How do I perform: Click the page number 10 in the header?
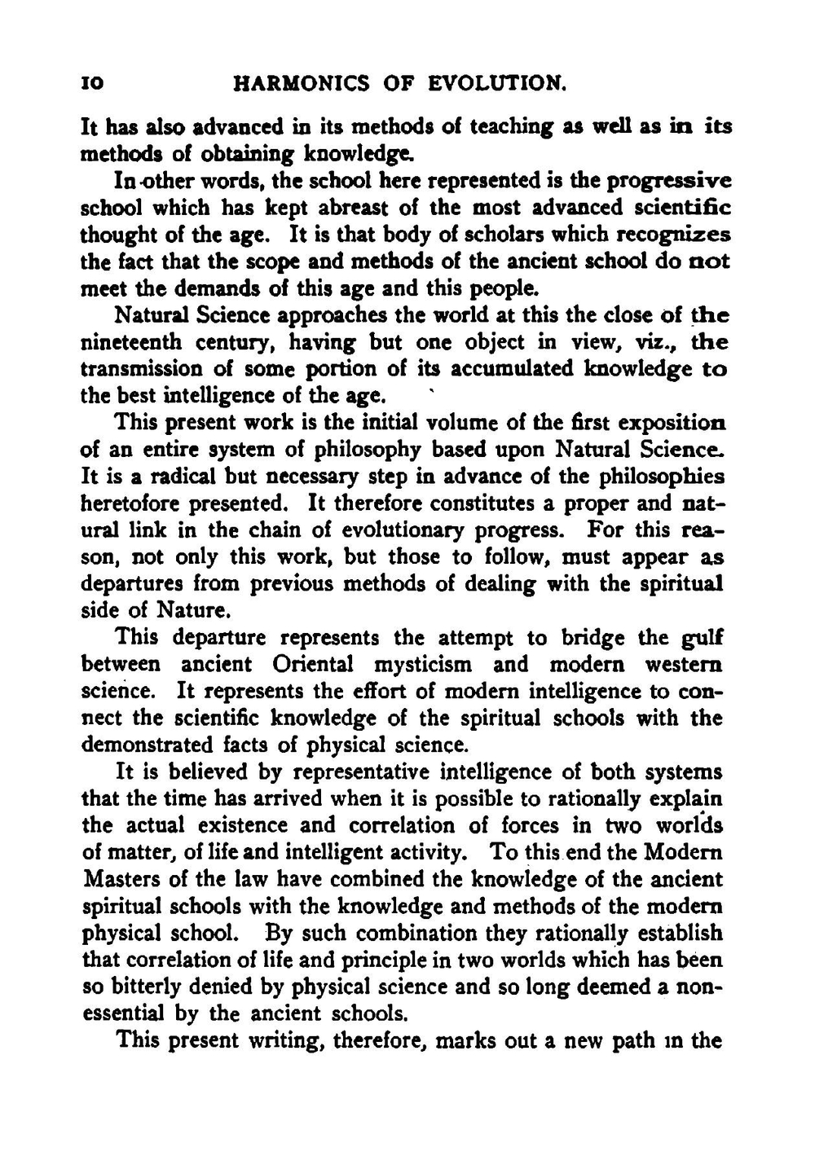90,84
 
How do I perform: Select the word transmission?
143,369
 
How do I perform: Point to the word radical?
168,477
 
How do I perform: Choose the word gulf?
702,638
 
